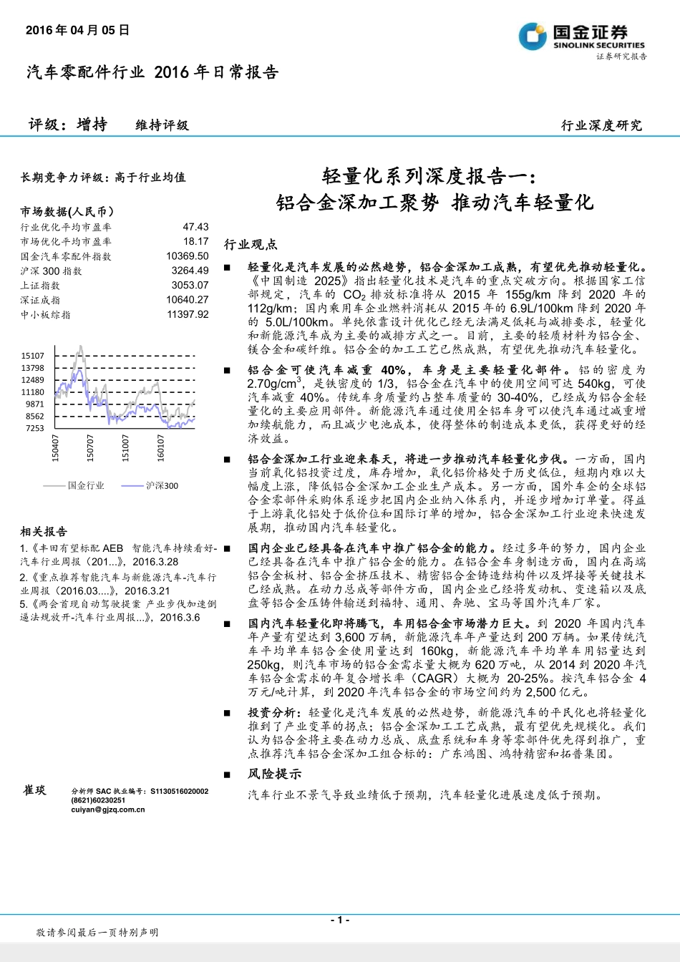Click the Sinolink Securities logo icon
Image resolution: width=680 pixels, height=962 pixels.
pyautogui.click(x=533, y=37)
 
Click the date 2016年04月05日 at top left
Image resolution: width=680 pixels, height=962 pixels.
pyautogui.click(x=77, y=30)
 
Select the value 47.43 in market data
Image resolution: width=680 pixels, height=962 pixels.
pyautogui.click(x=195, y=227)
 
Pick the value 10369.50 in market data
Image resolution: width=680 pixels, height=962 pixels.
pyautogui.click(x=188, y=256)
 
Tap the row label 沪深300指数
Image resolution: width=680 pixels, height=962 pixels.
pyautogui.click(x=52, y=271)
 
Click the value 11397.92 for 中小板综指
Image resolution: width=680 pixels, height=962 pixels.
pyautogui.click(x=188, y=314)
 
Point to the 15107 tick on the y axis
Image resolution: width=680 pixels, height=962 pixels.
pyautogui.click(x=33, y=356)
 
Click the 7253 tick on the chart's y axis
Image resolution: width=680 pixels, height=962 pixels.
pyautogui.click(x=35, y=428)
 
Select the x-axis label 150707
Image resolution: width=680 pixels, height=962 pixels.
pyautogui.click(x=90, y=447)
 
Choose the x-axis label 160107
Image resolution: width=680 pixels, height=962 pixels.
pyautogui.click(x=160, y=447)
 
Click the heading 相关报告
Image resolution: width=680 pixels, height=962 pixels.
pyautogui.click(x=44, y=532)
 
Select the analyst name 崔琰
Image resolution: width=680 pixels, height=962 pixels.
pyautogui.click(x=34, y=789)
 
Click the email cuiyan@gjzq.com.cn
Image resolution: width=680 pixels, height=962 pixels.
pyautogui.click(x=108, y=810)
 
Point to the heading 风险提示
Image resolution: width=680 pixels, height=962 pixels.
pyautogui.click(x=275, y=774)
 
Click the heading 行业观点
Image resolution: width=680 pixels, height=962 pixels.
pyautogui.click(x=251, y=245)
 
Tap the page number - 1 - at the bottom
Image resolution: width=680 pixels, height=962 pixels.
pyautogui.click(x=340, y=920)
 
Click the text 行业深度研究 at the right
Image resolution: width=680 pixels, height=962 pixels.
pyautogui.click(x=601, y=125)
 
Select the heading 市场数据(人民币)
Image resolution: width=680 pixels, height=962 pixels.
pyautogui.click(x=67, y=212)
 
